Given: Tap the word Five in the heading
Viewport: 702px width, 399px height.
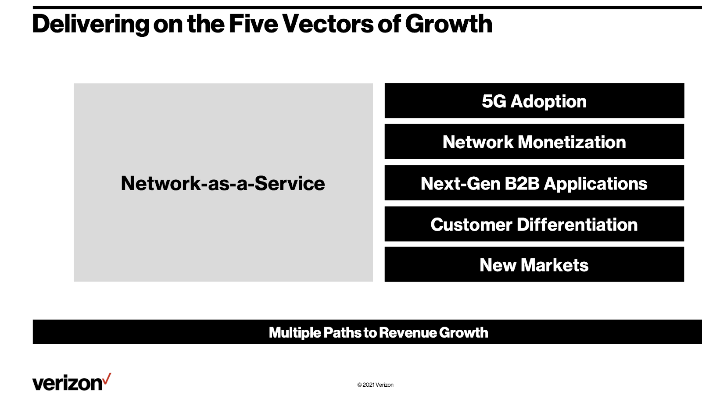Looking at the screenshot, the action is [253, 24].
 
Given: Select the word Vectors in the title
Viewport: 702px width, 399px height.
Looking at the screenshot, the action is [328, 24].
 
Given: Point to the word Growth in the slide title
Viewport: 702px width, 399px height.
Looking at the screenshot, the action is [448, 24].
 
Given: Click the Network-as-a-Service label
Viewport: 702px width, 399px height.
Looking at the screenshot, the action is [223, 183].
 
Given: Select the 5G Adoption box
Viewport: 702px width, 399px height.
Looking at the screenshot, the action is [534, 100].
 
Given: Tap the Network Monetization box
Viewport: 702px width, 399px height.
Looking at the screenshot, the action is [534, 142].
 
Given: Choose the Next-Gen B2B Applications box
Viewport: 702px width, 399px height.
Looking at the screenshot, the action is [534, 182].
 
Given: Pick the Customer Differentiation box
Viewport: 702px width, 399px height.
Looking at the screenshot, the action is [534, 224].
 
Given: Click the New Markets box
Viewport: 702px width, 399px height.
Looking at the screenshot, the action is [534, 264].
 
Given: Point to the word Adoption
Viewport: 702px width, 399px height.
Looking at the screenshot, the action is [548, 102].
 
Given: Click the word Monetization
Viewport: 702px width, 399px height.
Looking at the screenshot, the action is [572, 142].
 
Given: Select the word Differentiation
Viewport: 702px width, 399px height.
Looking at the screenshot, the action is [577, 224].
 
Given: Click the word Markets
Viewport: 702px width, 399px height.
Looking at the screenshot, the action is [555, 265].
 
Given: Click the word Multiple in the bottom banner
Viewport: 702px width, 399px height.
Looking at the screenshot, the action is [294, 333].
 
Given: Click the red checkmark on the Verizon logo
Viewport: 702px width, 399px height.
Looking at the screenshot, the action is [107, 378].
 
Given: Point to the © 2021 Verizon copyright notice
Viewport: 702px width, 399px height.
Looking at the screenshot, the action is [376, 385].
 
